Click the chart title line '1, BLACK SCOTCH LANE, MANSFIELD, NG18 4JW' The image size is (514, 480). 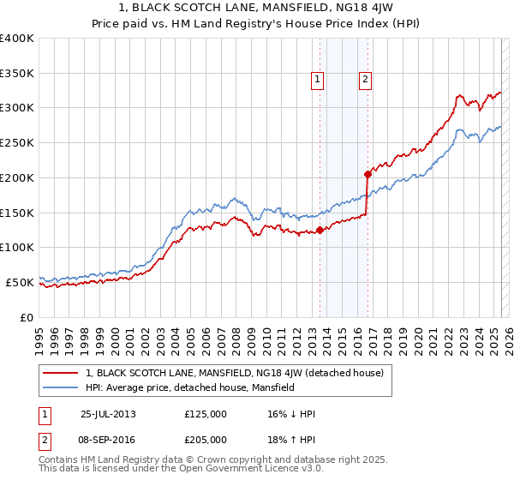click(257, 9)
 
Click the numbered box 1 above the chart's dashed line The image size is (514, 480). click(317, 80)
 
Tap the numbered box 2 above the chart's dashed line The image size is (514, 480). click(365, 80)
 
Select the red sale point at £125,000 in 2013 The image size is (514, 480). click(320, 230)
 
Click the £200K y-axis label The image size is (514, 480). click(17, 177)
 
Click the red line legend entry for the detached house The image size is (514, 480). click(239, 373)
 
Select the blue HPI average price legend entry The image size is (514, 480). click(189, 387)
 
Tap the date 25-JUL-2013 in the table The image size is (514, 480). click(108, 414)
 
